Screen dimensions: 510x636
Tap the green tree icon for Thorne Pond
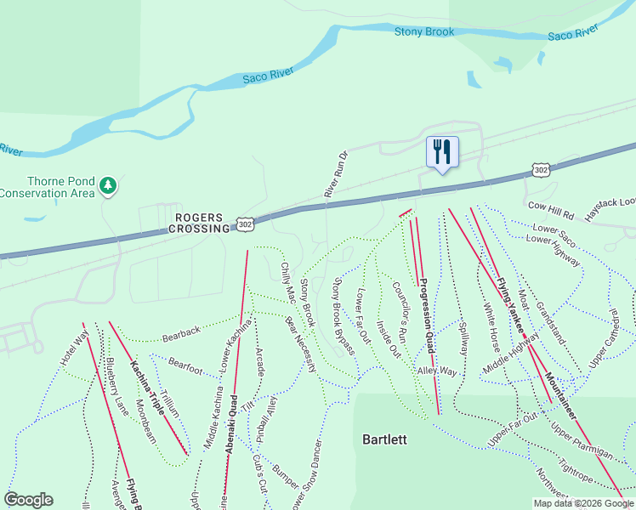coord(108,185)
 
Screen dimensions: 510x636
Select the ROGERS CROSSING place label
coord(200,223)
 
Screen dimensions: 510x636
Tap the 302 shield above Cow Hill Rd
coord(541,171)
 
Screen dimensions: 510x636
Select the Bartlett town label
coord(384,439)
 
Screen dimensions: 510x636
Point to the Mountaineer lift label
coord(561,396)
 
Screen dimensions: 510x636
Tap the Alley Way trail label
coord(437,371)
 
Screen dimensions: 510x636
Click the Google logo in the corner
coord(29,500)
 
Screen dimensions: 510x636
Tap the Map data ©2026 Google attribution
coord(583,503)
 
